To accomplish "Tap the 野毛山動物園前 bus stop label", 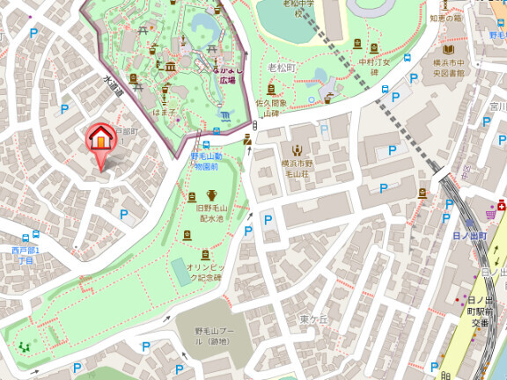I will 210,160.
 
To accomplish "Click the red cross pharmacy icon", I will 500,205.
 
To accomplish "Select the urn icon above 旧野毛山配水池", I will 212,195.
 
